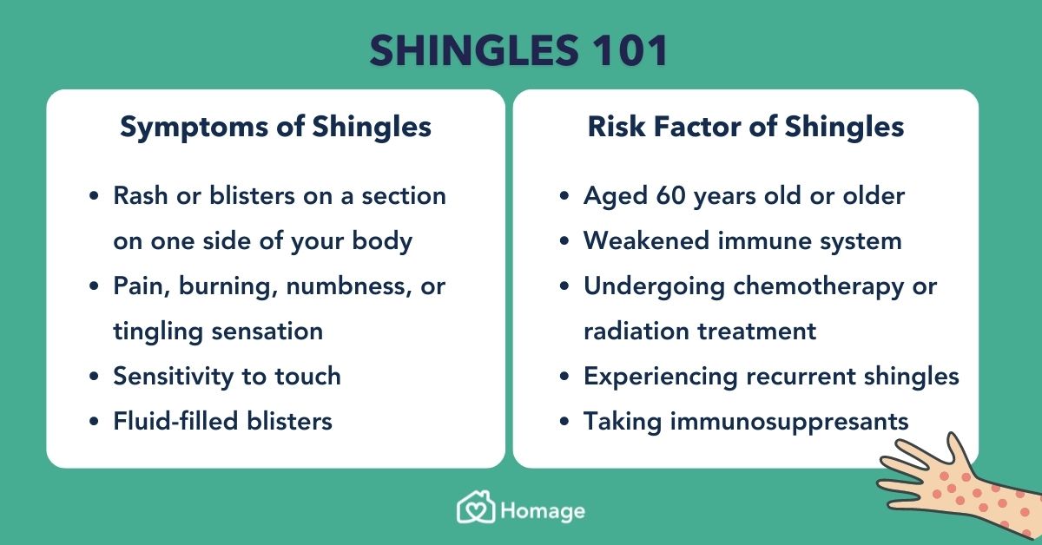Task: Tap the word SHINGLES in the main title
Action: pyautogui.click(x=474, y=50)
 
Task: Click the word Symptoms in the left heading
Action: pyautogui.click(x=194, y=128)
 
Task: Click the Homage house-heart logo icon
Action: pyautogui.click(x=476, y=507)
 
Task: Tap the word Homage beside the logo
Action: pyautogui.click(x=543, y=512)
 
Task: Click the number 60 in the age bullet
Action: pyautogui.click(x=670, y=196)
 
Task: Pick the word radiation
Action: pyautogui.click(x=636, y=332)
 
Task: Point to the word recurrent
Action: pyautogui.click(x=801, y=376)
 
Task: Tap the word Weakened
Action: pyautogui.click(x=646, y=241)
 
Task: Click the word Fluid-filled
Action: pyautogui.click(x=176, y=421)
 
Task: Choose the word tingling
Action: pyautogui.click(x=158, y=332)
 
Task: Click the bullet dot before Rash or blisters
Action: pyautogui.click(x=94, y=195)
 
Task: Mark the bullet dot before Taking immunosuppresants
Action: pyautogui.click(x=564, y=421)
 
